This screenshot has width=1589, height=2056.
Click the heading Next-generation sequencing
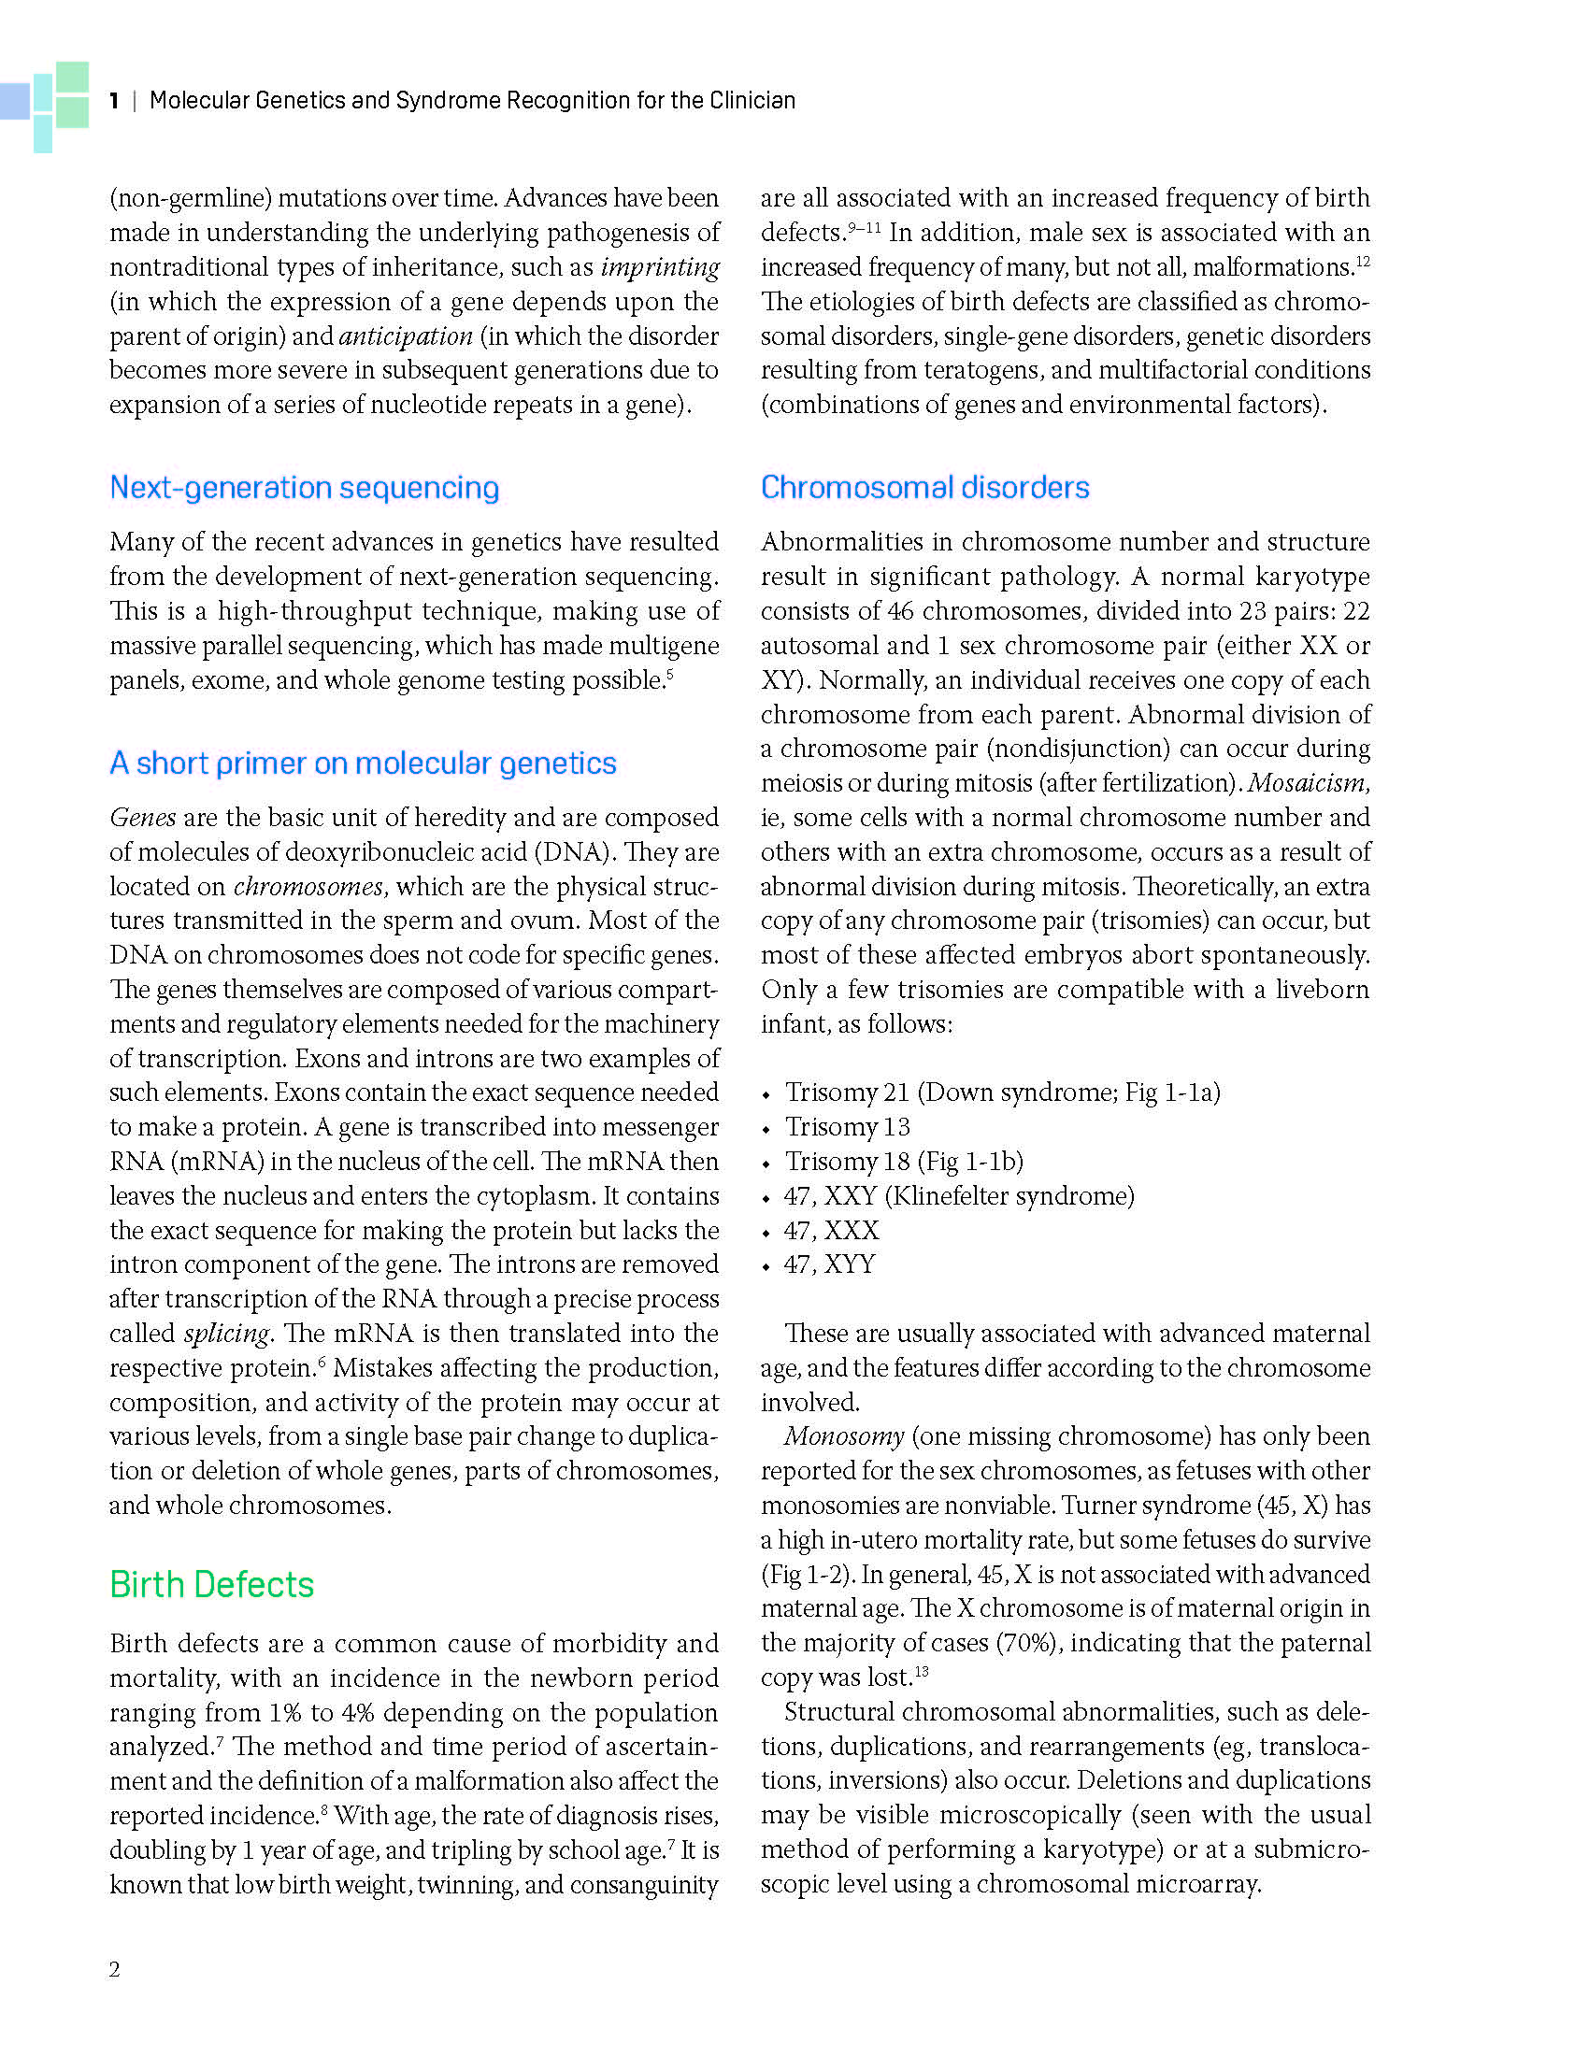click(304, 488)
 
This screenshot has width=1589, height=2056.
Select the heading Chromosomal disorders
click(924, 488)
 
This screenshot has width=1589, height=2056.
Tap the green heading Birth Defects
click(212, 1584)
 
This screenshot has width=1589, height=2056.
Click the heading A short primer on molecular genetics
click(363, 763)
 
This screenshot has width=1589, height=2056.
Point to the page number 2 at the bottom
click(115, 1969)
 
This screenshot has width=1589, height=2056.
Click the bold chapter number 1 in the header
click(114, 101)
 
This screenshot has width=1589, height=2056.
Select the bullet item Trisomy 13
click(847, 1127)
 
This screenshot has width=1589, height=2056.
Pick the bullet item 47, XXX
click(831, 1231)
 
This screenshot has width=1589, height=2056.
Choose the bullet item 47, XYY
click(829, 1264)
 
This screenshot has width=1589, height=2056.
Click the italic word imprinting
click(660, 267)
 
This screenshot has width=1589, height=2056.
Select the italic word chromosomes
click(308, 887)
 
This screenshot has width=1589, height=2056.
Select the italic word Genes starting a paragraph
click(142, 817)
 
